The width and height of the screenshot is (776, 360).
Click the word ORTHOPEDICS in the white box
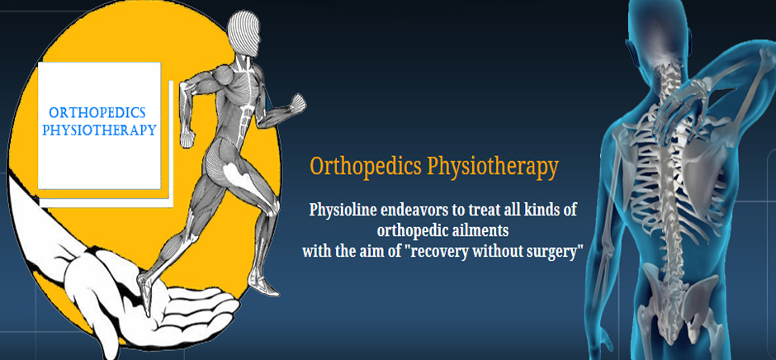pos(97,113)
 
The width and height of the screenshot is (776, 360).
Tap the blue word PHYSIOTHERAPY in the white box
pos(99,130)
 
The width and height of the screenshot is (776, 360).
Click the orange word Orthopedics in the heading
pos(366,168)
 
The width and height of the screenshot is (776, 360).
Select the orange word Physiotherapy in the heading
pos(493,168)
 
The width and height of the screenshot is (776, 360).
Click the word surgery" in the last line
pos(557,252)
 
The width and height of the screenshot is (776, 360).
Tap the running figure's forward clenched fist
pos(298,103)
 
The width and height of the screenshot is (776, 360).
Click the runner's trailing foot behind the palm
pos(265,287)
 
